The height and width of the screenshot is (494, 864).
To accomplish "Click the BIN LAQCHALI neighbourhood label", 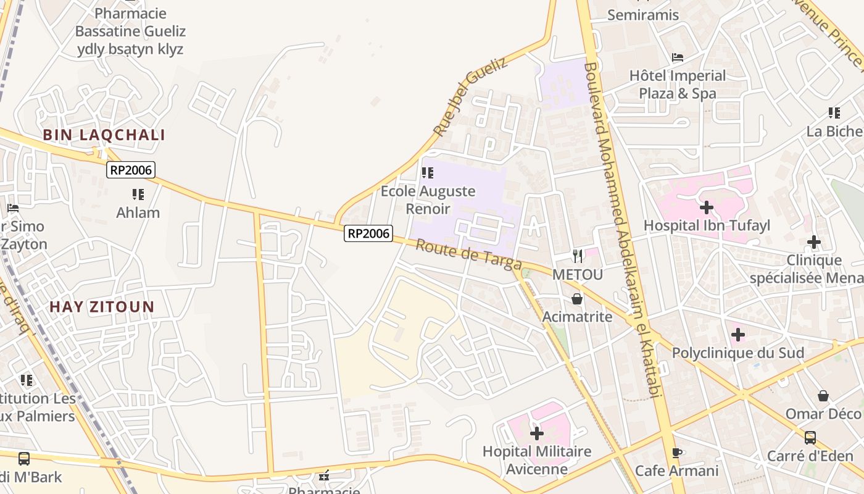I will pos(104,135).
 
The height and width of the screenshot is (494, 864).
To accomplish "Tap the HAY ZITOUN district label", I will pos(102,307).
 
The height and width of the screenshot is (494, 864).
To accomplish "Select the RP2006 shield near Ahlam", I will pos(130,170).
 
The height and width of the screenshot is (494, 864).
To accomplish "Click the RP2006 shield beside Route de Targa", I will pos(368,233).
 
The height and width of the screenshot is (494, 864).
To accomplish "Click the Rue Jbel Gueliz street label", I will pos(470,97).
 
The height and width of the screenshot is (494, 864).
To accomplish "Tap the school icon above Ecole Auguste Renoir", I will pos(428,173).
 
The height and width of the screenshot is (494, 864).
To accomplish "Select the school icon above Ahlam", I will pos(138,195).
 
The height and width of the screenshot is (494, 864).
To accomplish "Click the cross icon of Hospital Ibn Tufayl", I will pos(707,207).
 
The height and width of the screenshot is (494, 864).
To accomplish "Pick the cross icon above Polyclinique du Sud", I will pos(737,335).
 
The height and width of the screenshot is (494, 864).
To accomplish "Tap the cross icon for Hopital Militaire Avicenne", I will pos(537,433).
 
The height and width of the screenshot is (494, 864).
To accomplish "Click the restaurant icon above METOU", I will pos(578,256).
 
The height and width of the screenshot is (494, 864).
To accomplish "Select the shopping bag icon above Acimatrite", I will pos(577,299).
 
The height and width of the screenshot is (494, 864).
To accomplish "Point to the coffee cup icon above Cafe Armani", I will pos(677,453).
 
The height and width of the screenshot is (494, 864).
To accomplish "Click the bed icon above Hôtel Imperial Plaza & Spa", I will pos(678,57).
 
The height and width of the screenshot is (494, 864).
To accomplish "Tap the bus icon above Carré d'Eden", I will pos(810,438).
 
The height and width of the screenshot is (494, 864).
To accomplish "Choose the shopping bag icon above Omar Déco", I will pos(823,395).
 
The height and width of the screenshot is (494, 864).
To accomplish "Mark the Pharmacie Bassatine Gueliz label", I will pos(130,31).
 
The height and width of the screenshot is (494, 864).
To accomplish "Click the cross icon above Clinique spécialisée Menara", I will pos(813,242).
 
